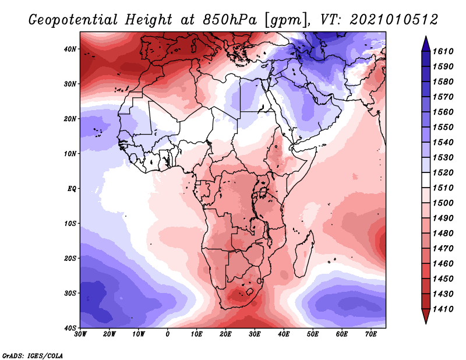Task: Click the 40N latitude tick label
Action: (x=70, y=49)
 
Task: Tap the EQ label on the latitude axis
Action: (x=72, y=189)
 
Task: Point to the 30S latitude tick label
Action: (x=70, y=293)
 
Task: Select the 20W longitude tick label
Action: (x=109, y=334)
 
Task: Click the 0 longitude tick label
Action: (x=168, y=334)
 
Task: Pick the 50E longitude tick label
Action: (x=313, y=334)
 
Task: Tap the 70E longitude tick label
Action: (x=370, y=334)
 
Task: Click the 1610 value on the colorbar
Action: (x=443, y=51)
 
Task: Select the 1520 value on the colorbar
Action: (x=443, y=172)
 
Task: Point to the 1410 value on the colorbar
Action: (x=443, y=309)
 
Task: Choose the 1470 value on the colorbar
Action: (x=443, y=249)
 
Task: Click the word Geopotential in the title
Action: (x=73, y=20)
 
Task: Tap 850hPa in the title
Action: (x=230, y=20)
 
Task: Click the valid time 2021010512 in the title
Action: (x=394, y=20)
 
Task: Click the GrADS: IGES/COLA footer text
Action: (x=33, y=355)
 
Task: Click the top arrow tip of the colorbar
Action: (x=426, y=36)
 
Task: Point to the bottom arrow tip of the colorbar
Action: (x=426, y=323)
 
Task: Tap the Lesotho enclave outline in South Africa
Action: (x=250, y=291)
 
